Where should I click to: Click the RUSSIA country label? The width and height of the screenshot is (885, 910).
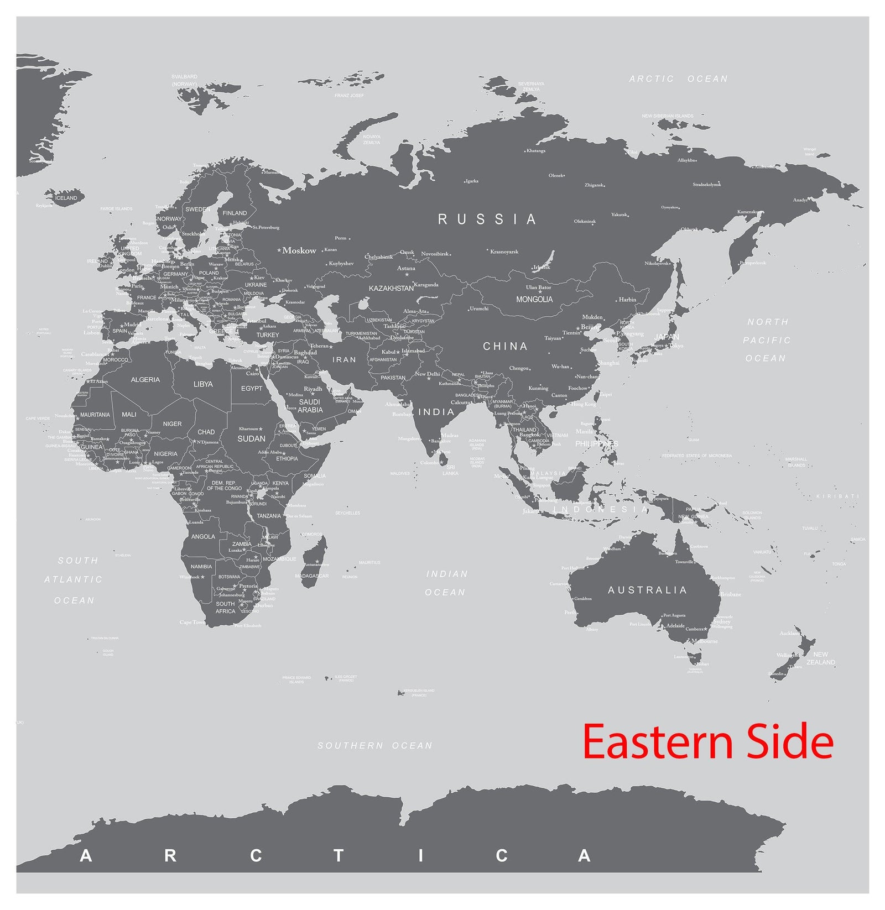(487, 219)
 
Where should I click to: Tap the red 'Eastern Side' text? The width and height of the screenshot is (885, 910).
(707, 742)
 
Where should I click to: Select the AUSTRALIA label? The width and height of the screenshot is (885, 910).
(647, 590)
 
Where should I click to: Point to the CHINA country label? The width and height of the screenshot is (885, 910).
(505, 347)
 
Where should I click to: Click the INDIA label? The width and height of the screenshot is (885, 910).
(436, 412)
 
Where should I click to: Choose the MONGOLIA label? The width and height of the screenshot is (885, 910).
(534, 299)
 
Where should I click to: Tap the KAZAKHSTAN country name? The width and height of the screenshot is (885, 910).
(391, 289)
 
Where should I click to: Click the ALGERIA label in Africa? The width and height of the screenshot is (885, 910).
(145, 380)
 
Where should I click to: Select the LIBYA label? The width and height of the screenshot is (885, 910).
(203, 384)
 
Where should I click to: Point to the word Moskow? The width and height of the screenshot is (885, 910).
(299, 250)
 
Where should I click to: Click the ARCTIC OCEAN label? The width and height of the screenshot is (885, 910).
(678, 79)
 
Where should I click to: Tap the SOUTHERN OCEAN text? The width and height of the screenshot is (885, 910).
(374, 746)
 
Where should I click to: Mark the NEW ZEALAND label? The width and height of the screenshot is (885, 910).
(821, 658)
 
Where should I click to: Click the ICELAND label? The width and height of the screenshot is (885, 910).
(66, 198)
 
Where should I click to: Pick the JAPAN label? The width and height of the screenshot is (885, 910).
(667, 337)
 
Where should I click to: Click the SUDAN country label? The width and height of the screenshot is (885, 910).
(251, 438)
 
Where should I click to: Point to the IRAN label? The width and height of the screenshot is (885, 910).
(344, 359)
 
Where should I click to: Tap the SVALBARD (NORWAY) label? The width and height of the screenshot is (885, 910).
(184, 80)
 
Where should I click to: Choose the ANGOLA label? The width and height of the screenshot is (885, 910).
(203, 536)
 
